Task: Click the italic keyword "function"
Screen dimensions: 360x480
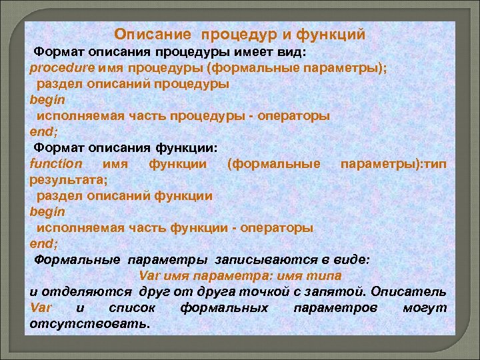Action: coord(56,163)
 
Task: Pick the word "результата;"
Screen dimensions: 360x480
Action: coord(69,179)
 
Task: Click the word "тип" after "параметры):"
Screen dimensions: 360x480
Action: coord(436,163)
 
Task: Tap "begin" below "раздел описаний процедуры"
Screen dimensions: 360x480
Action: coord(47,99)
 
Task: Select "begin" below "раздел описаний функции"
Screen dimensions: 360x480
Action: coord(47,211)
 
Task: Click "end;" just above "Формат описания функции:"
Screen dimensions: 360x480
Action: coord(44,131)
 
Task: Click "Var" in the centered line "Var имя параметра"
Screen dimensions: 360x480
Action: coord(149,276)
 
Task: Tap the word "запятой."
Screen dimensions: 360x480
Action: coord(337,292)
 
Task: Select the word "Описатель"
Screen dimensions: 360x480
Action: coord(409,292)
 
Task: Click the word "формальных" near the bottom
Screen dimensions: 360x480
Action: coord(224,308)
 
